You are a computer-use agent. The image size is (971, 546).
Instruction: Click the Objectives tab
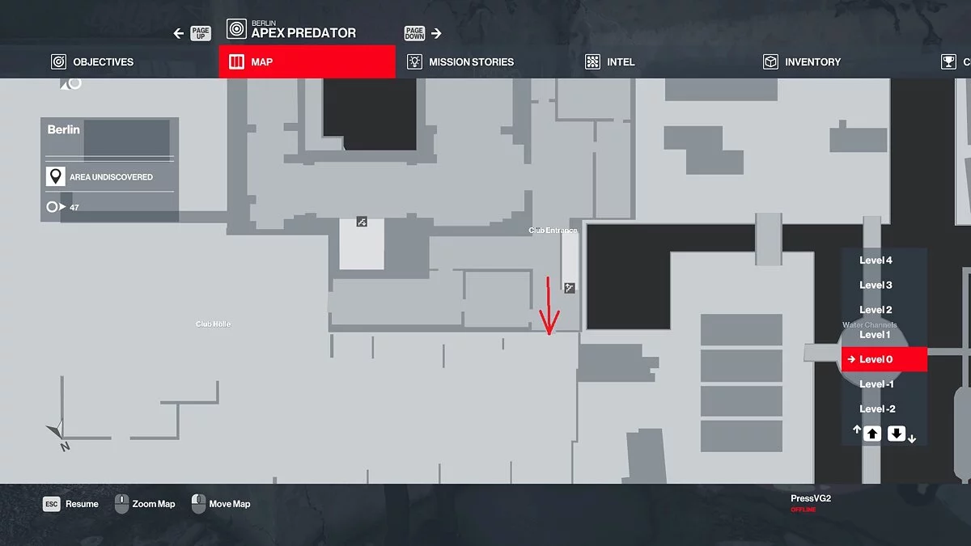point(92,62)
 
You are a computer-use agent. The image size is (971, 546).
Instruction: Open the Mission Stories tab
point(460,62)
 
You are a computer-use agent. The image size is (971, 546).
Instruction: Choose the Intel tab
point(611,62)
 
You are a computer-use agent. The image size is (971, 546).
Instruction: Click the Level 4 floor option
point(876,260)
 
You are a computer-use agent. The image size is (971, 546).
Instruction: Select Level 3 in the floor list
point(876,285)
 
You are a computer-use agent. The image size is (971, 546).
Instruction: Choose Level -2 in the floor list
point(877,408)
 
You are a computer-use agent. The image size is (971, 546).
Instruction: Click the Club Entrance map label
point(553,231)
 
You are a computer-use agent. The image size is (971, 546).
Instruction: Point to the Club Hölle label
point(213,324)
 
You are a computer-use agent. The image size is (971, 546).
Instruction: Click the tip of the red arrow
point(549,333)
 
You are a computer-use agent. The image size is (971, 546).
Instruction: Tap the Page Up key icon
point(200,33)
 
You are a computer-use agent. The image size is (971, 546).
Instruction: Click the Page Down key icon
point(414,33)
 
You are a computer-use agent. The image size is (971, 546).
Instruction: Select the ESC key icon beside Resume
point(52,504)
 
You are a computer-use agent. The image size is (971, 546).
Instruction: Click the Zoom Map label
point(154,504)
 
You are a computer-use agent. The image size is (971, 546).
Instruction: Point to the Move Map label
point(229,504)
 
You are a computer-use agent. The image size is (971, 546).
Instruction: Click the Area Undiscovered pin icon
point(55,177)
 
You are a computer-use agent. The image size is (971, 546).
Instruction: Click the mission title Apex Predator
point(303,33)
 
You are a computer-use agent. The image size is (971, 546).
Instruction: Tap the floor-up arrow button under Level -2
point(871,434)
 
